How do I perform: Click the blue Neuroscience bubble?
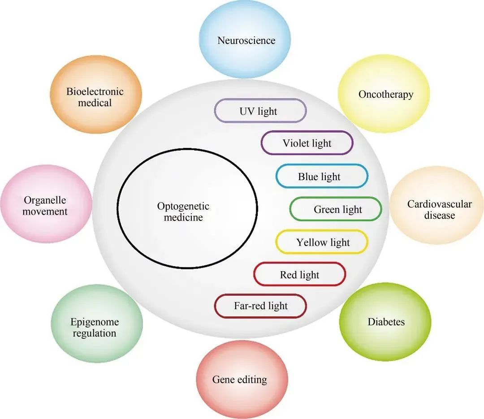246,40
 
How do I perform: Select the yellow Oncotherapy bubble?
385,94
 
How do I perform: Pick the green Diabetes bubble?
385,322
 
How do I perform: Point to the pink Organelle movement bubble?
45,205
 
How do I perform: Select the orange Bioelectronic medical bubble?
95,97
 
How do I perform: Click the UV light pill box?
260,111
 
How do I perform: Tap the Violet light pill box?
307,143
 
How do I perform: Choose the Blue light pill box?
321,177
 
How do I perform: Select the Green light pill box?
336,209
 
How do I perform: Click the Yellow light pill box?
322,242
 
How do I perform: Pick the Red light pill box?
299,275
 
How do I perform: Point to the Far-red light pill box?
260,307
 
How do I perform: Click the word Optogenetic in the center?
183,207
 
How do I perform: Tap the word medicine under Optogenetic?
183,218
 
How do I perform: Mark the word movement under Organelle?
45,212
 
